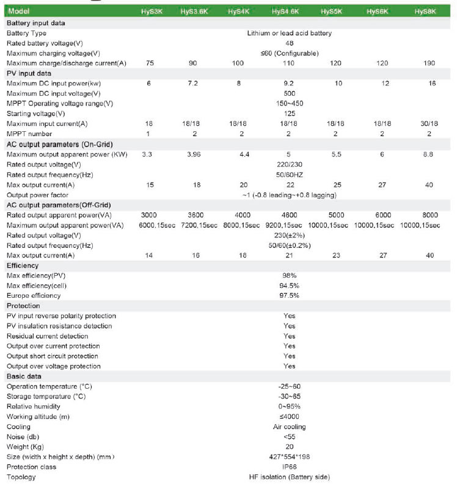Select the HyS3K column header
coord(149,12)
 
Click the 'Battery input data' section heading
coord(35,23)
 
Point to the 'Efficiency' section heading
coord(23,266)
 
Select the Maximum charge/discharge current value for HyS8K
coord(431,63)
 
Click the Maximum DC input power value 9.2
coord(290,83)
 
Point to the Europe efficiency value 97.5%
coord(290,296)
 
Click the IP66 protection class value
coord(290,467)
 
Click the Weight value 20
coord(290,447)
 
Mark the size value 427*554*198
coord(290,457)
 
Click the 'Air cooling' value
coord(290,427)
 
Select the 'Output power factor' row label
coord(38,195)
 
